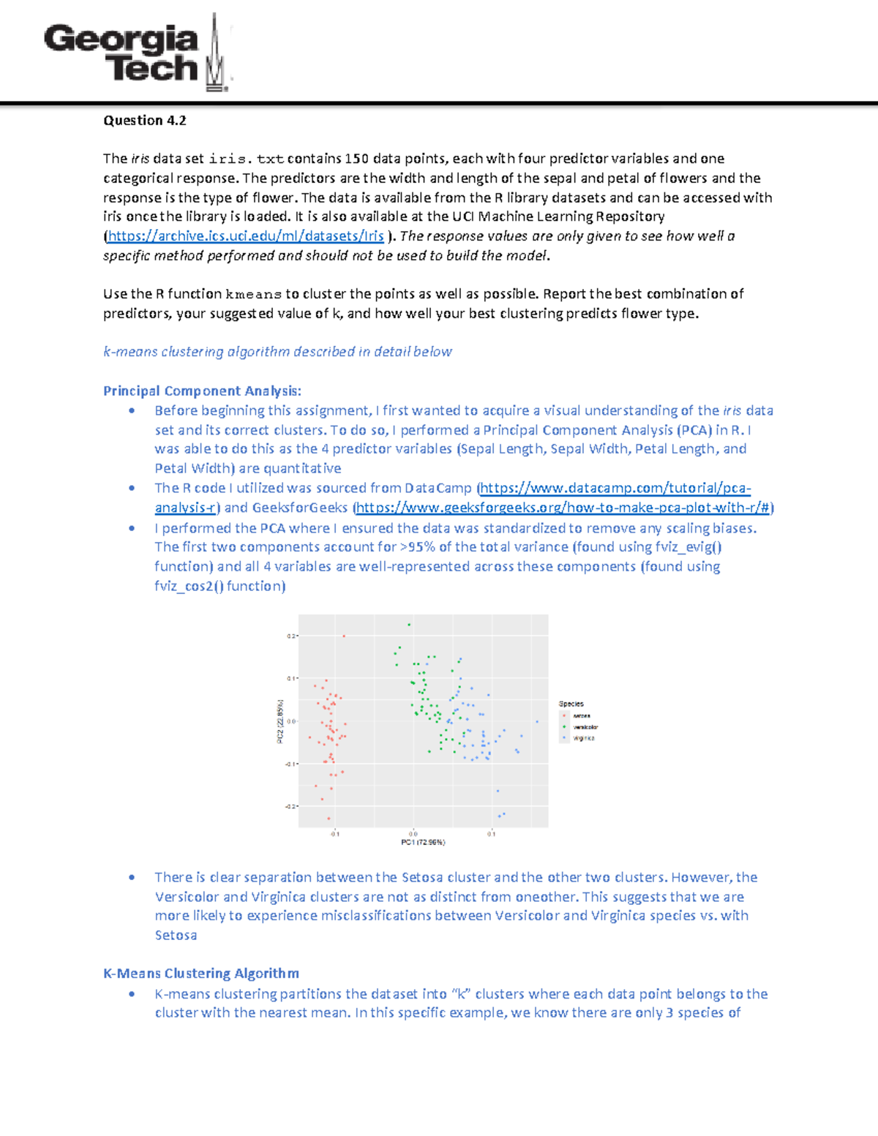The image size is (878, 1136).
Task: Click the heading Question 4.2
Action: pyautogui.click(x=144, y=121)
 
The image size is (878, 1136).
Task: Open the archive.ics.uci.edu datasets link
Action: pyautogui.click(x=245, y=236)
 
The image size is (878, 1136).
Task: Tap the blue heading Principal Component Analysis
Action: pyautogui.click(x=202, y=391)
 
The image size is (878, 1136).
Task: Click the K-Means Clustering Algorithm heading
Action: pyautogui.click(x=200, y=974)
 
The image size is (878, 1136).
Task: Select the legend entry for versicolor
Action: pyautogui.click(x=585, y=727)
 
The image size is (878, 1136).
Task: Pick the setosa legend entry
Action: pyautogui.click(x=581, y=716)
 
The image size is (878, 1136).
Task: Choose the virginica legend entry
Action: pyautogui.click(x=583, y=738)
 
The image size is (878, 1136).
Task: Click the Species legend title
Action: pyautogui.click(x=571, y=704)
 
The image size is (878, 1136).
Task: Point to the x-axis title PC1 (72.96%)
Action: pyautogui.click(x=423, y=843)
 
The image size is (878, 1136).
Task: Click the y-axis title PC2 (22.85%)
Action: pyautogui.click(x=279, y=721)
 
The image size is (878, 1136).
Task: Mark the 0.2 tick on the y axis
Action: pyautogui.click(x=291, y=636)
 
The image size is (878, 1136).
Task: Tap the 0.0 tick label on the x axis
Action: pyautogui.click(x=413, y=834)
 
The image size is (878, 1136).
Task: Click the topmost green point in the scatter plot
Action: pyautogui.click(x=409, y=625)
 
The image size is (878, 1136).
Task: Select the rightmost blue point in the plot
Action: pyautogui.click(x=536, y=722)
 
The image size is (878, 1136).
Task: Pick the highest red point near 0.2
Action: pyautogui.click(x=344, y=636)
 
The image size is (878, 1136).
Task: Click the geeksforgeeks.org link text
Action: pyautogui.click(x=563, y=508)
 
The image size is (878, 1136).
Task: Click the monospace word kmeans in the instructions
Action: pyautogui.click(x=253, y=294)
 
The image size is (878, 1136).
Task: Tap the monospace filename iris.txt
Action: pyautogui.click(x=246, y=159)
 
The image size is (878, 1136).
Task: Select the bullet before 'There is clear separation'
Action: pyautogui.click(x=132, y=877)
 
